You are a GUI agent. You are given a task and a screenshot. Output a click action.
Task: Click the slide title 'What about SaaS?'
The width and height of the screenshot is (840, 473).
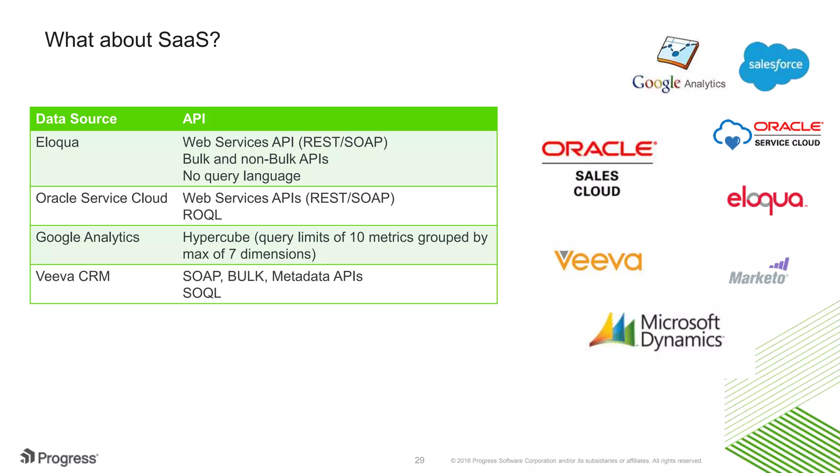pyautogui.click(x=132, y=40)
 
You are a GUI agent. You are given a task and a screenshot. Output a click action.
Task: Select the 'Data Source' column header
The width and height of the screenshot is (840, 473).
pyautogui.click(x=76, y=119)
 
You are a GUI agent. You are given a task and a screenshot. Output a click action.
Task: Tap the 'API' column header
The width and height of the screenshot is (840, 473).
pyautogui.click(x=194, y=119)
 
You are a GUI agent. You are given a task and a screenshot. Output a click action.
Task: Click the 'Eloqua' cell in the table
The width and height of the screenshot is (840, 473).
pyautogui.click(x=57, y=142)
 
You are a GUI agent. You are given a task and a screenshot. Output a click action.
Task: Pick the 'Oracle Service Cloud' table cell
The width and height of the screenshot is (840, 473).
pyautogui.click(x=101, y=198)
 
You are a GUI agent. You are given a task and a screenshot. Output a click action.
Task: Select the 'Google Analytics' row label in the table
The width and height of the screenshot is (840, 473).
pyautogui.click(x=87, y=237)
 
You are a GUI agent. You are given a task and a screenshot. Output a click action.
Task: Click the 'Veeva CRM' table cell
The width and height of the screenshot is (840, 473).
pyautogui.click(x=73, y=276)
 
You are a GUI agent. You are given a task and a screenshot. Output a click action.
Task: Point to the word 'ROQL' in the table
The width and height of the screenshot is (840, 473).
pyautogui.click(x=202, y=215)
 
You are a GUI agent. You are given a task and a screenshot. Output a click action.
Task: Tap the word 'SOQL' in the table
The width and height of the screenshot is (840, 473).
pyautogui.click(x=202, y=293)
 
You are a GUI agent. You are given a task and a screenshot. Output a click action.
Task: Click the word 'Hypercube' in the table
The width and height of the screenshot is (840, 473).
pyautogui.click(x=216, y=237)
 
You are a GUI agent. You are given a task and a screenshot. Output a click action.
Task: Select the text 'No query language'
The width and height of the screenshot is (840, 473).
pyautogui.click(x=242, y=176)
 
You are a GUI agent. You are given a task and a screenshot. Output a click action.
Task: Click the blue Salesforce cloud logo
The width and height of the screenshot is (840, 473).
pyautogui.click(x=774, y=65)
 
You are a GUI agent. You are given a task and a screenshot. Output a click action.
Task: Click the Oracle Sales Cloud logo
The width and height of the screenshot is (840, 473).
pyautogui.click(x=598, y=168)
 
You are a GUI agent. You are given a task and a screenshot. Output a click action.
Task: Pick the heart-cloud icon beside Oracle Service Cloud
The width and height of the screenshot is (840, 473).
pyautogui.click(x=732, y=135)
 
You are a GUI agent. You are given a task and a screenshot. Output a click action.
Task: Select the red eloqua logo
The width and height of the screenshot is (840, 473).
pyautogui.click(x=766, y=200)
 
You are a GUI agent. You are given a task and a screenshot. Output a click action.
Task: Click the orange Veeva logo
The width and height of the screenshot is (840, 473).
pyautogui.click(x=598, y=261)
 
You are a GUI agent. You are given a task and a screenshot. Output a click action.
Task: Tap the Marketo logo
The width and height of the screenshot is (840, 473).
pyautogui.click(x=759, y=272)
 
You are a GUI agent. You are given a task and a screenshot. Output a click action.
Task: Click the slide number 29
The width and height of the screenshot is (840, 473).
pyautogui.click(x=419, y=460)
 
